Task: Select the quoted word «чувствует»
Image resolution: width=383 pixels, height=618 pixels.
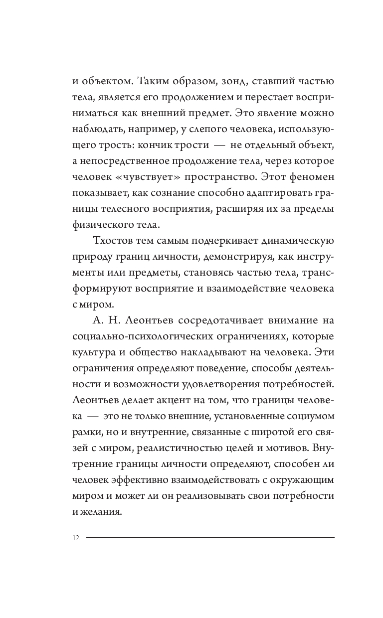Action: point(142,177)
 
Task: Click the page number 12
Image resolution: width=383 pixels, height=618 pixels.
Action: point(76,538)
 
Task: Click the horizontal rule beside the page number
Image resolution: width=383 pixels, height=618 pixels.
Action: point(210,537)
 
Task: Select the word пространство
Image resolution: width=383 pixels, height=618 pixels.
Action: point(227,177)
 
